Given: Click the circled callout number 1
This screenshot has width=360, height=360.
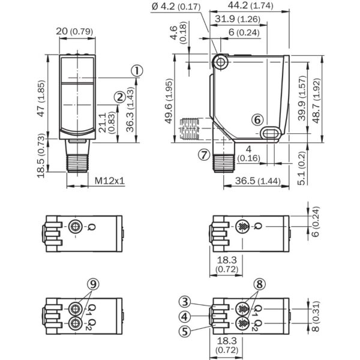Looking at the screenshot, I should click(x=137, y=71).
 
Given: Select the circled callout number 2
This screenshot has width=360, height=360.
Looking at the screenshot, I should click(x=119, y=96).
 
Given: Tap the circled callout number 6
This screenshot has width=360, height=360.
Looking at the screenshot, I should click(x=257, y=120).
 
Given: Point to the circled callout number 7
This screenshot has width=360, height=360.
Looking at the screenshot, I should click(x=204, y=155).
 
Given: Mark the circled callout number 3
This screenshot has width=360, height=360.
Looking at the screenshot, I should click(x=185, y=301).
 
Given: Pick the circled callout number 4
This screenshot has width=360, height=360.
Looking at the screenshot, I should click(x=185, y=315).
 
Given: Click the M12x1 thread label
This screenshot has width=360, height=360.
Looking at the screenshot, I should click(x=109, y=181).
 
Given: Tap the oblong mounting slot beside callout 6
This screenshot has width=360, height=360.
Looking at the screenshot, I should click(x=272, y=132).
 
